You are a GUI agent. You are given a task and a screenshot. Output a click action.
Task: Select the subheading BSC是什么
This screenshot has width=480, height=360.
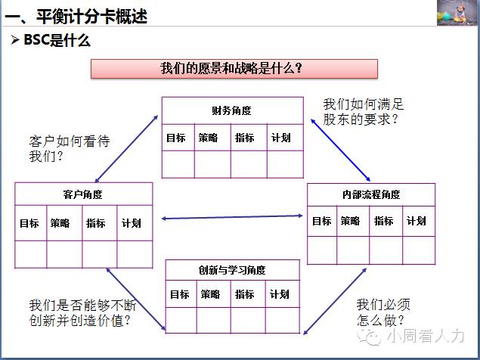pos(57,40)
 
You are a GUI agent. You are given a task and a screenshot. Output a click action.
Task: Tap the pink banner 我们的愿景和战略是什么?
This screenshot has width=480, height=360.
pos(234,69)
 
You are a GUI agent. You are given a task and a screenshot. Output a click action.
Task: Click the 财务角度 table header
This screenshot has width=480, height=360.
pos(232,110)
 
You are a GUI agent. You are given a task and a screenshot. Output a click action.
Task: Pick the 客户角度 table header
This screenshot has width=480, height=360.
pos(82,194)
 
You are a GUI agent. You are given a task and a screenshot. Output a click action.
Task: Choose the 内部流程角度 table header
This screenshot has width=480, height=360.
pos(371,194)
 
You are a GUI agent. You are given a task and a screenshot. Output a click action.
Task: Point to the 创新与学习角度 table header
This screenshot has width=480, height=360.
pos(232,270)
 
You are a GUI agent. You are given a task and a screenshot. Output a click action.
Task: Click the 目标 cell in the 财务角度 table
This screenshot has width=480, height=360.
pos(176,138)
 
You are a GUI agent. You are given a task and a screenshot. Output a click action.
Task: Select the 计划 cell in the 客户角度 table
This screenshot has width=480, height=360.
pos(132,223)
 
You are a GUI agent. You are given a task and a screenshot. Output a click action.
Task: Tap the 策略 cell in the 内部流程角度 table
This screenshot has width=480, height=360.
pos(351,221)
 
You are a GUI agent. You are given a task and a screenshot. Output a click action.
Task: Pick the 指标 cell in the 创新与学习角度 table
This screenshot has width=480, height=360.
pos(245,294)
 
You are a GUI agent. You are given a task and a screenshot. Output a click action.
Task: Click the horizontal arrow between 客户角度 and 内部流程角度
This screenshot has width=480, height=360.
pos(232,217)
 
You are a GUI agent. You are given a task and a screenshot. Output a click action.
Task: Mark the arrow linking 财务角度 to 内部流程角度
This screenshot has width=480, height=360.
pos(340,151)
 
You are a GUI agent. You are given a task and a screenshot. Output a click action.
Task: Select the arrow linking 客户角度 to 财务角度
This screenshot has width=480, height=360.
pos(126,148)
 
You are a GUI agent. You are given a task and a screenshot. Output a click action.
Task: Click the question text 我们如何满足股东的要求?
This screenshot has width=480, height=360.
pos(364,112)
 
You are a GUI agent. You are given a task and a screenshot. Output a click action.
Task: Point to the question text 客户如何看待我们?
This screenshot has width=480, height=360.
pos(70,148)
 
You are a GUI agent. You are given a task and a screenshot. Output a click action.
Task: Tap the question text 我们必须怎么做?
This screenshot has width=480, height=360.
pos(383,312)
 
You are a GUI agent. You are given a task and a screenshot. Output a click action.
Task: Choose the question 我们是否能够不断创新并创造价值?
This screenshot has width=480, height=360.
pos(82,313)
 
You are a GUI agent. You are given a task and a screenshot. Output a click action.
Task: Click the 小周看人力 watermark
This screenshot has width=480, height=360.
pos(411,337)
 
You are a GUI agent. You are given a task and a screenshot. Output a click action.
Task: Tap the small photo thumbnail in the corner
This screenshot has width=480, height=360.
pos(457,13)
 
